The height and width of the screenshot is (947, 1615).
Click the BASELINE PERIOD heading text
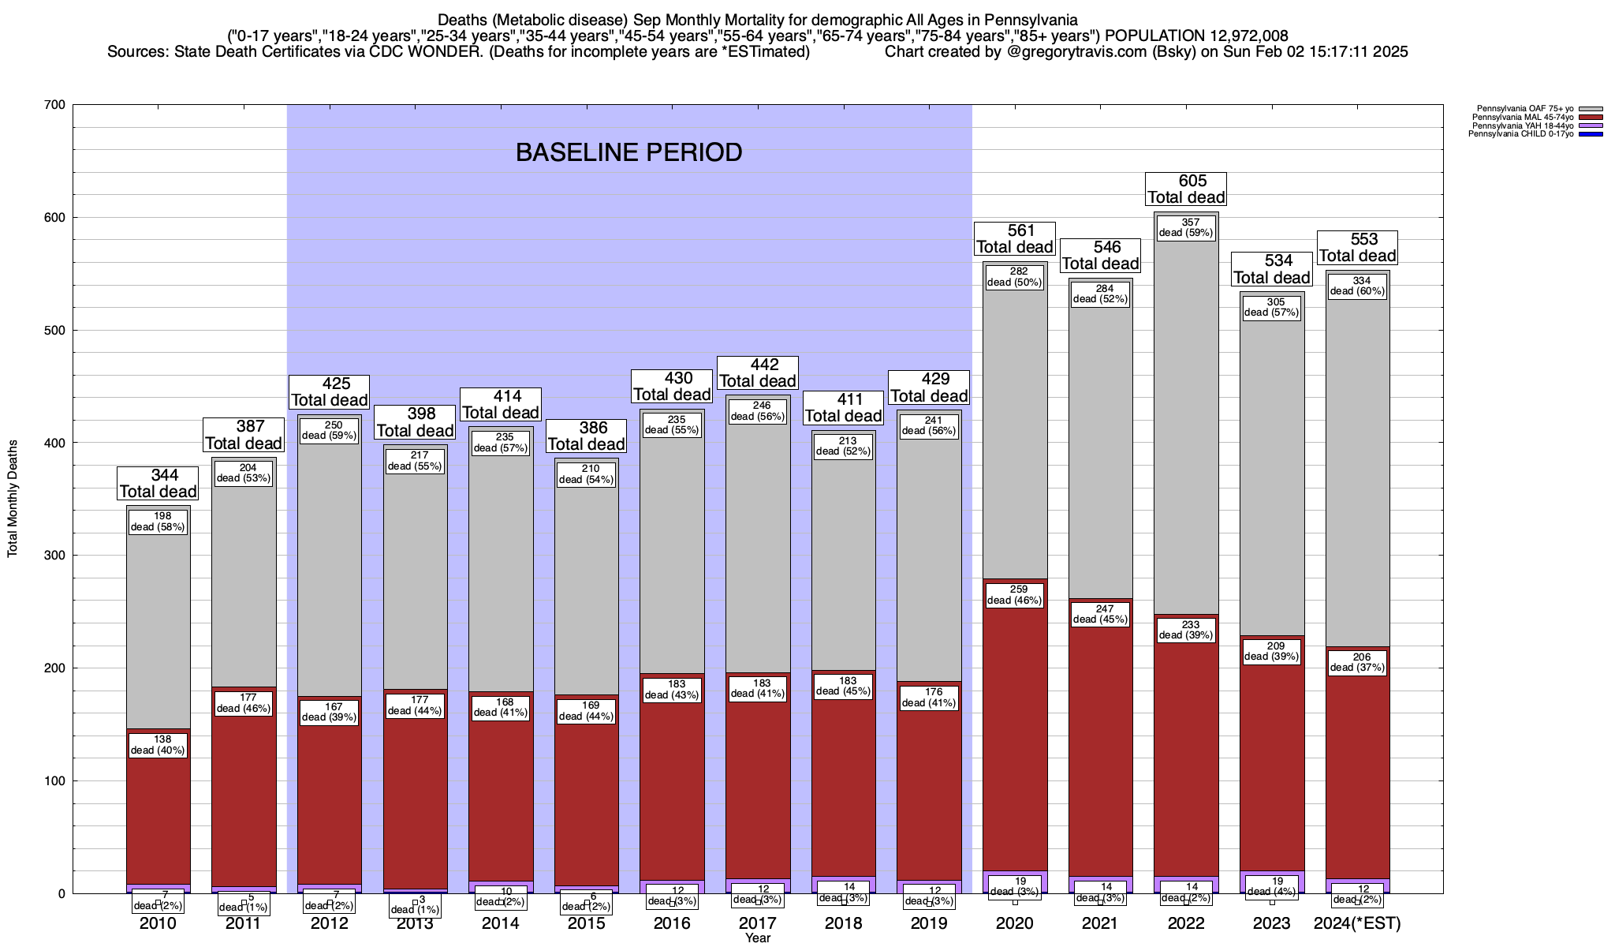tap(628, 152)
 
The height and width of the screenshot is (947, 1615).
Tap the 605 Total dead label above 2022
tap(1186, 189)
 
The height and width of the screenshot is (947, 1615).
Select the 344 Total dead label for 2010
tap(158, 484)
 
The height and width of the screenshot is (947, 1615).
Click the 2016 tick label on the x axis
tap(672, 923)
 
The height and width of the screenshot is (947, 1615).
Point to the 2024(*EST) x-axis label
tap(1357, 923)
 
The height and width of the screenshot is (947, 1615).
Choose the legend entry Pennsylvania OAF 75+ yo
tap(1525, 109)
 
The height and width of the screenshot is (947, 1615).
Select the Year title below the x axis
tap(758, 938)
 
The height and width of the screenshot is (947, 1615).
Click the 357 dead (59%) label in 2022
tap(1186, 227)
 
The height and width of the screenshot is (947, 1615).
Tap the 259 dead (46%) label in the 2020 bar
tap(1015, 595)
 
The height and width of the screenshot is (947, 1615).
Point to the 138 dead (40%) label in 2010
tap(158, 745)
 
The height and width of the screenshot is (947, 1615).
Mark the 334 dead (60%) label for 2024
tap(1357, 286)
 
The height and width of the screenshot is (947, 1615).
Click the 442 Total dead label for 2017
tap(757, 373)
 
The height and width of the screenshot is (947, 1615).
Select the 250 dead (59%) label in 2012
tap(329, 430)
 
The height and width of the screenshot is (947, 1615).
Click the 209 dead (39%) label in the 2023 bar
tap(1271, 651)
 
